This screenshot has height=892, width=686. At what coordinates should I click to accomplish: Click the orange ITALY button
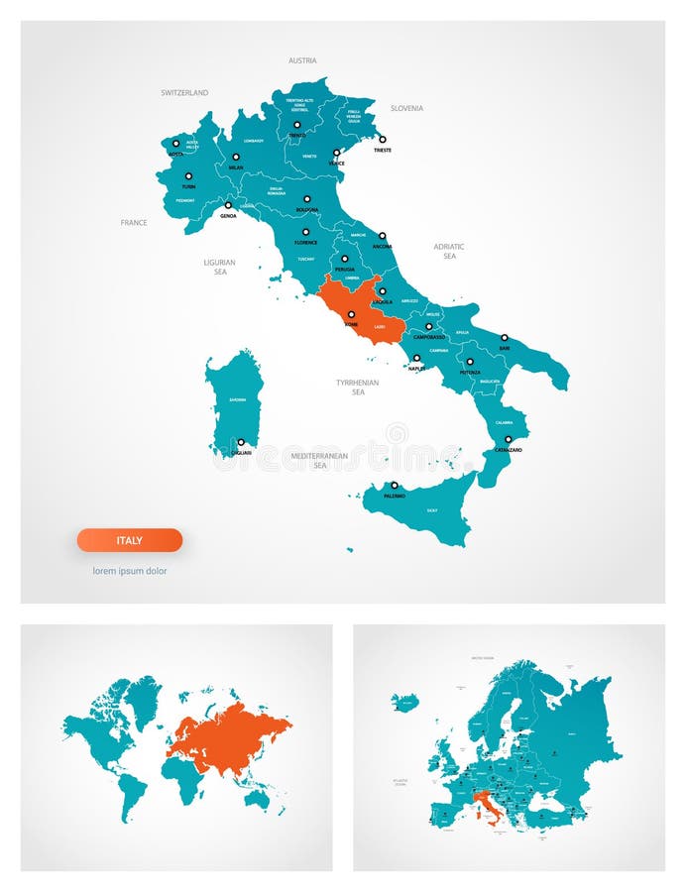130,540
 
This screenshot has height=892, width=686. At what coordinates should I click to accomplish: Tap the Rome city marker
351,314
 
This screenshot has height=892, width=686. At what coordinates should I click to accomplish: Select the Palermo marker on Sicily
394,486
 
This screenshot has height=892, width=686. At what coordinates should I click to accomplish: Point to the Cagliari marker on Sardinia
240,442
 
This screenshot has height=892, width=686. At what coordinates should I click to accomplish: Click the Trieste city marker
382,140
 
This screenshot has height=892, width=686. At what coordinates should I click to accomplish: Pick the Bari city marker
504,338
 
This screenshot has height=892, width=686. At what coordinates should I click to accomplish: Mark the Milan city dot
236,157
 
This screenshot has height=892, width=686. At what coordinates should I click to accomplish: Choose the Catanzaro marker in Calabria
509,439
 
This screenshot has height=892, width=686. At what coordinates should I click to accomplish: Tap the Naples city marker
416,358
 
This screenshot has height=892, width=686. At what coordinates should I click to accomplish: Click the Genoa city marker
228,205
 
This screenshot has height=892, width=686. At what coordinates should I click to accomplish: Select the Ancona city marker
382,236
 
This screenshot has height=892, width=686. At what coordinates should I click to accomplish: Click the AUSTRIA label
302,60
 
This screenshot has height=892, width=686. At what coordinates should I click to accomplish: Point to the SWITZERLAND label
184,92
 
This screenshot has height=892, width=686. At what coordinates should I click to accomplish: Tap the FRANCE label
134,222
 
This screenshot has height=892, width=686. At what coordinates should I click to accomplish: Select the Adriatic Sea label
449,251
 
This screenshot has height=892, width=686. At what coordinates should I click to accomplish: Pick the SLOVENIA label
406,108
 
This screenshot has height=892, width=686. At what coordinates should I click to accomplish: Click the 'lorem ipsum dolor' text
130,571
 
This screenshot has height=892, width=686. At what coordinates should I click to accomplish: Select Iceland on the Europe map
404,703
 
